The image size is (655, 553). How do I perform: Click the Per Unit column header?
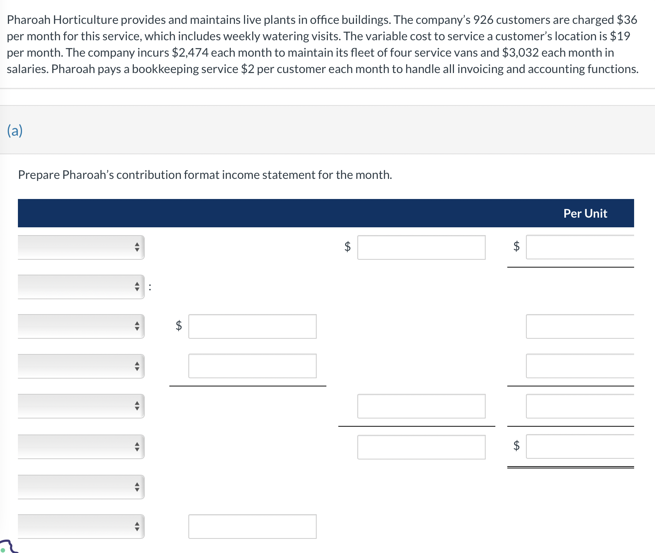click(x=585, y=214)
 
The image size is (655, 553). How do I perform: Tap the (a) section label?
click(x=15, y=131)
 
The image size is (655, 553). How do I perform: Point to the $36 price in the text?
click(x=627, y=20)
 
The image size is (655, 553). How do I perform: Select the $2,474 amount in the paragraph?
click(x=190, y=53)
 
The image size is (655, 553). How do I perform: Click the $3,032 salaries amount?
click(x=520, y=53)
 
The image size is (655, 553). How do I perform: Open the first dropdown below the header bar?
click(x=81, y=247)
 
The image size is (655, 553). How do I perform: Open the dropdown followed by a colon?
click(x=81, y=287)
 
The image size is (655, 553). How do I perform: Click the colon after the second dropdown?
click(x=150, y=287)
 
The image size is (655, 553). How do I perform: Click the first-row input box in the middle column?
click(x=421, y=247)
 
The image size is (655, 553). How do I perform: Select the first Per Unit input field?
click(x=580, y=247)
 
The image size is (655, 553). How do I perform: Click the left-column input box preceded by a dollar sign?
click(x=252, y=326)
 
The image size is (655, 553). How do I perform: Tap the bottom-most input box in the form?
click(x=252, y=526)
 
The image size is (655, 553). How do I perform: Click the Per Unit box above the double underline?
click(x=580, y=446)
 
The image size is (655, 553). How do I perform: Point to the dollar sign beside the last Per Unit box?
click(x=517, y=446)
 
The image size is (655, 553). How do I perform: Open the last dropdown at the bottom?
click(x=81, y=526)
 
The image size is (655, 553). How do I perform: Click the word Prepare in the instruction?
click(x=39, y=175)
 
